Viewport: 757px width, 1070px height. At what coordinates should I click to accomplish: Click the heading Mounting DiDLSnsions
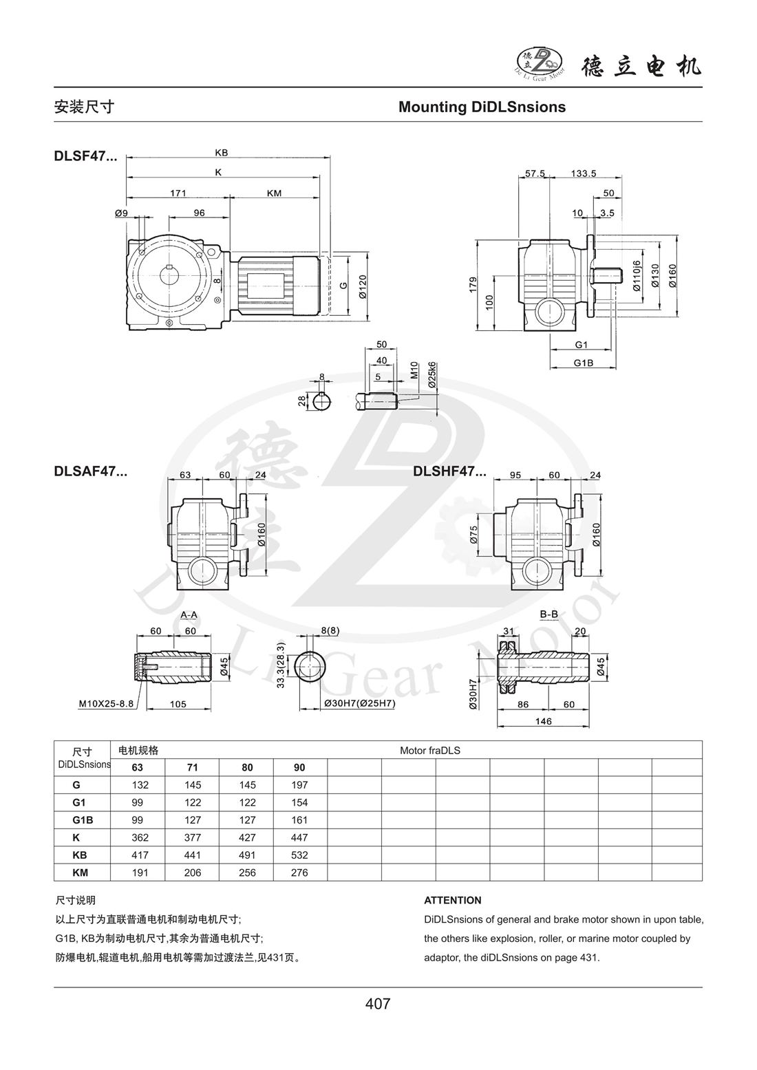482,107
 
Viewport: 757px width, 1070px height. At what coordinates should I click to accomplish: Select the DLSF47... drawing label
85,156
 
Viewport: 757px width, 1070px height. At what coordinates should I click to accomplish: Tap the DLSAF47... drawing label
90,472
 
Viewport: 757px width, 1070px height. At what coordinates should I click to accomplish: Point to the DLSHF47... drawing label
449,472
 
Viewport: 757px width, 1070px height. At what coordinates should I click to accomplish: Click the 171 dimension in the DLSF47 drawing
178,193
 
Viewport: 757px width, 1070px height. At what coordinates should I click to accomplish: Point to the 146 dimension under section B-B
544,720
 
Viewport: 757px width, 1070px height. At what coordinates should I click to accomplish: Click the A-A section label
190,613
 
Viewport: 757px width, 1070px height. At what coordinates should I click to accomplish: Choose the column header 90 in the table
299,767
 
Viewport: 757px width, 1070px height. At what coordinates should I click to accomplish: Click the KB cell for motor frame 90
299,855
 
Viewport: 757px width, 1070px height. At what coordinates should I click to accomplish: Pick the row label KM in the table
81,873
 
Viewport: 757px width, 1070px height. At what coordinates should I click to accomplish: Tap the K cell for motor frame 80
246,837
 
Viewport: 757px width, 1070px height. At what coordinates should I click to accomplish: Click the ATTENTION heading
453,900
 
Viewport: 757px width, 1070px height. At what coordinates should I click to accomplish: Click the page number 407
378,1004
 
